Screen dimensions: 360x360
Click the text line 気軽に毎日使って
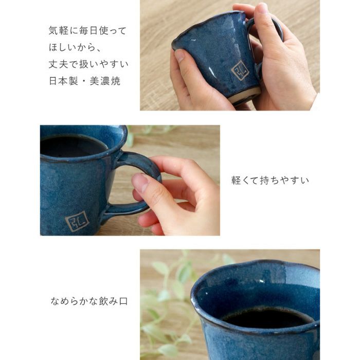click(x=87, y=31)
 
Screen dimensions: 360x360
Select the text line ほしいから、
click(x=73, y=48)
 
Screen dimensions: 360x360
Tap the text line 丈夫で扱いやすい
click(x=88, y=65)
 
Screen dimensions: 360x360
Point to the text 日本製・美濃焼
click(x=84, y=81)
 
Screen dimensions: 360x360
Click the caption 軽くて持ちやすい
click(x=270, y=181)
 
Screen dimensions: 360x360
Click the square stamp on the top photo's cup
click(x=240, y=70)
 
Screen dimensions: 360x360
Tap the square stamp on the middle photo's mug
click(x=77, y=222)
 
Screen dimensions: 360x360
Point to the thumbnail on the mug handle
click(x=140, y=183)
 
